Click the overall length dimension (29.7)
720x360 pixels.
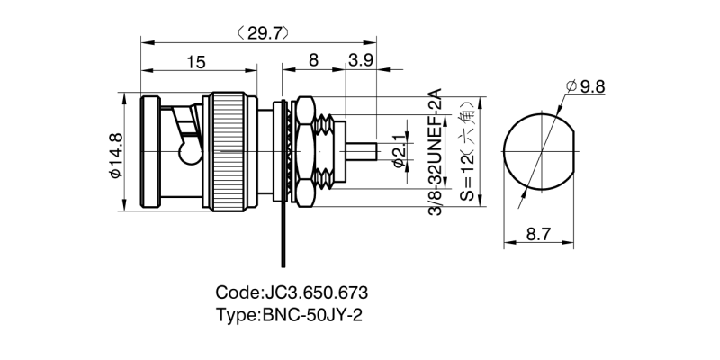tap(262, 33)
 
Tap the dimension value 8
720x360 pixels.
tap(313, 61)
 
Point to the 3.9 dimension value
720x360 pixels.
tap(362, 61)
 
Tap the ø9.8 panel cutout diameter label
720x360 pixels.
tap(586, 86)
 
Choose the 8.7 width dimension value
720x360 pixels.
tap(538, 233)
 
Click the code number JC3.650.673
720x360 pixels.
tap(316, 293)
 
